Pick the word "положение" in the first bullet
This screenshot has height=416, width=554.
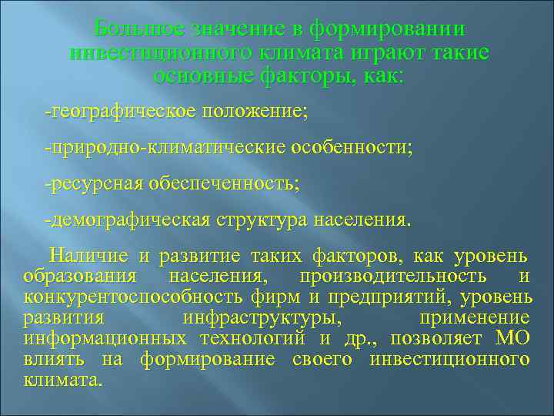tap(254, 112)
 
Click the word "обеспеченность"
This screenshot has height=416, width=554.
tap(227, 184)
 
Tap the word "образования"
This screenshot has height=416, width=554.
tap(80, 277)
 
